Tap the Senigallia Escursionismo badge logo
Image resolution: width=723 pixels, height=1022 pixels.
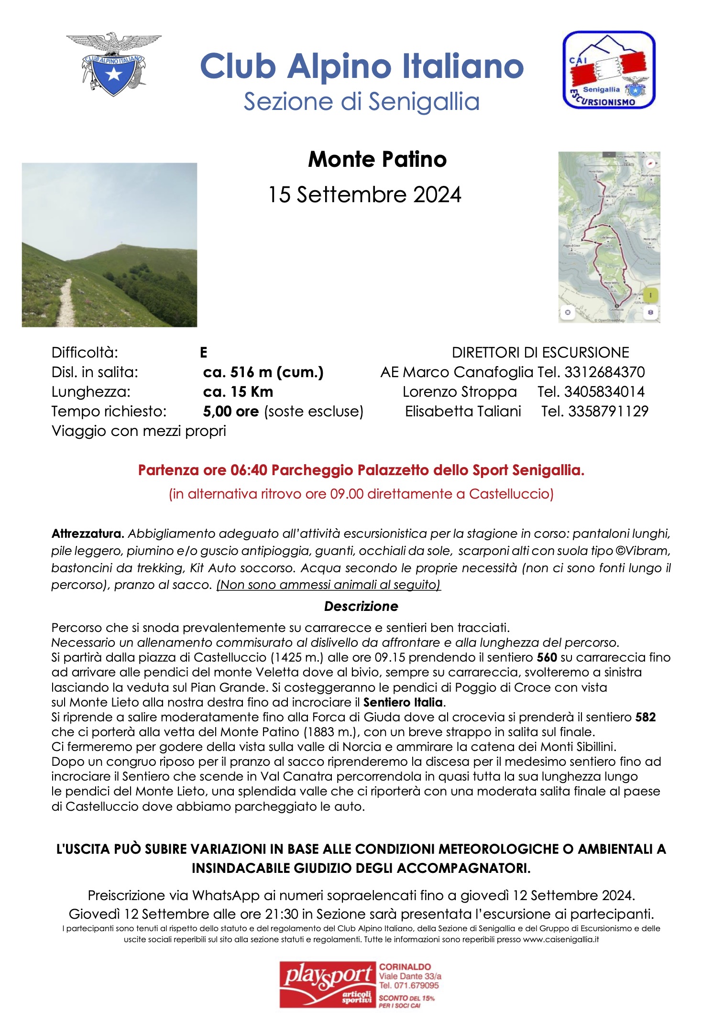click(608, 70)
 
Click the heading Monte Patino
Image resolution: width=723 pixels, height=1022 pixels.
click(377, 159)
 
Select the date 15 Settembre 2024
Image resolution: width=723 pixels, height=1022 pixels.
click(364, 195)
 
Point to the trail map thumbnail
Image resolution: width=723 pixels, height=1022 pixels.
click(609, 237)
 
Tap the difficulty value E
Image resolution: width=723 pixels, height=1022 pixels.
click(203, 353)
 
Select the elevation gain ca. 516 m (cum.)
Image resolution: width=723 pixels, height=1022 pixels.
click(263, 372)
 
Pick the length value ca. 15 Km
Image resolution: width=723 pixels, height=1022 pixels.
click(238, 391)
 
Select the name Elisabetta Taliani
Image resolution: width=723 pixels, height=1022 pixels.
click(463, 411)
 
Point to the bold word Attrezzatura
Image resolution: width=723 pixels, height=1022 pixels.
click(88, 533)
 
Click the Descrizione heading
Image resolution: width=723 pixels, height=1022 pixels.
click(361, 606)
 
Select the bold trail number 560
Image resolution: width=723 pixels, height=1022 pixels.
click(547, 657)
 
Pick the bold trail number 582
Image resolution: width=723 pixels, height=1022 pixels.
click(645, 717)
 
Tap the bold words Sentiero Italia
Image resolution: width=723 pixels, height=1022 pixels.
click(403, 702)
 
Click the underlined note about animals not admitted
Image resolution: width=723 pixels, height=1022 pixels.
click(329, 585)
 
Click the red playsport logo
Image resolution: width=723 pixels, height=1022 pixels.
click(328, 985)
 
